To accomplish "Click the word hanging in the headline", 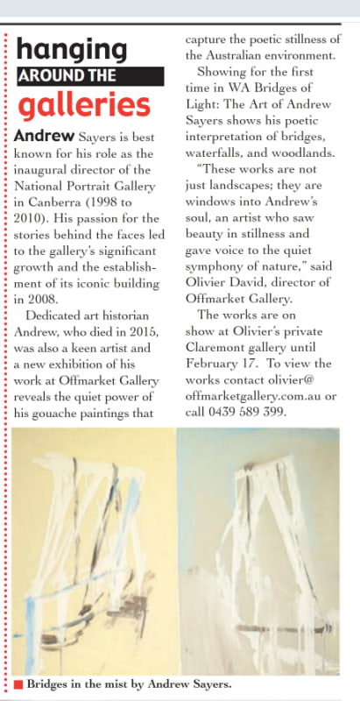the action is tap(72, 48).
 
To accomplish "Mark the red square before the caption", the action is tap(18, 684).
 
